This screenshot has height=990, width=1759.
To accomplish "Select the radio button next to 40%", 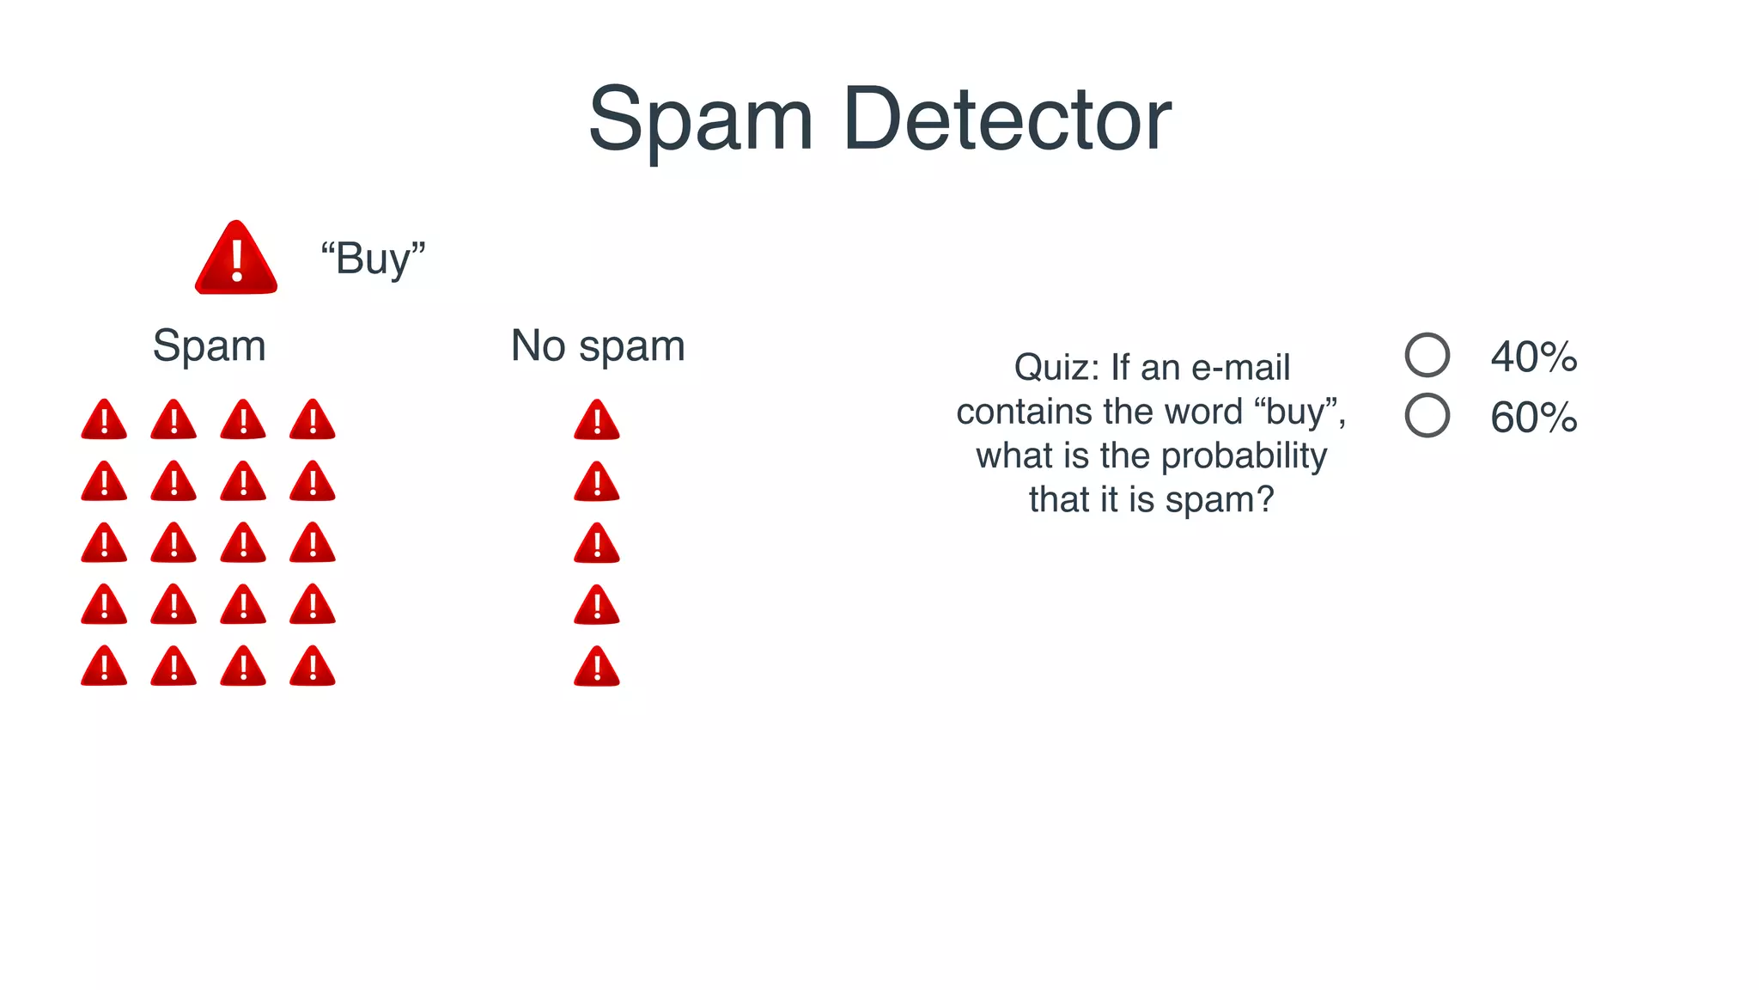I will click(1427, 355).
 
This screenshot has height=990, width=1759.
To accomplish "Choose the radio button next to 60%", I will click(1427, 416).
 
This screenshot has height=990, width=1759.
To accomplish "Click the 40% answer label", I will click(1534, 357).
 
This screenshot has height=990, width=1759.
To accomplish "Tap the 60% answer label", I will click(1534, 418).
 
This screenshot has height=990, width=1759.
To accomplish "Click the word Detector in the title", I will click(1007, 119).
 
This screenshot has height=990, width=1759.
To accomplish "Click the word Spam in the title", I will click(700, 119).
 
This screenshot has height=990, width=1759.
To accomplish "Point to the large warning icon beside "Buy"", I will click(236, 259).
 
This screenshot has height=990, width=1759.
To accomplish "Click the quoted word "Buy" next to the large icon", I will click(373, 259).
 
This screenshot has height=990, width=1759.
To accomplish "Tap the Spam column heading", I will click(210, 346).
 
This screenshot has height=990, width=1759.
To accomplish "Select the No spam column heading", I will click(598, 346).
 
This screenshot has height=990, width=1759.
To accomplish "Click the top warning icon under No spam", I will click(597, 420).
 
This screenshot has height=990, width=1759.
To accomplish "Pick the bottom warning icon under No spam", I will click(597, 667).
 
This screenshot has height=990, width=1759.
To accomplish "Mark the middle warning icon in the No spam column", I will click(597, 544).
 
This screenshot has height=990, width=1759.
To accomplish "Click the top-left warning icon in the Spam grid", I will click(104, 420).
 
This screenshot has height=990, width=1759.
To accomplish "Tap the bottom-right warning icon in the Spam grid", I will click(313, 667).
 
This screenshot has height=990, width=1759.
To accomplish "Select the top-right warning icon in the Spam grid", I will click(313, 420).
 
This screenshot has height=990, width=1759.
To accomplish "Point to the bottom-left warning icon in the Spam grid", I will click(104, 667).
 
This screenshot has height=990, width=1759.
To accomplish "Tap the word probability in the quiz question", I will click(1244, 456).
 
